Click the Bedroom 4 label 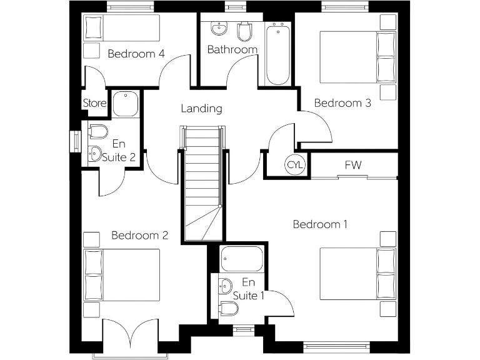136,54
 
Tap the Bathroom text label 232,49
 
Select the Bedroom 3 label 342,103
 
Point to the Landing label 201,109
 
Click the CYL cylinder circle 294,165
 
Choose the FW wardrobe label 353,165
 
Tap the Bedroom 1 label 320,224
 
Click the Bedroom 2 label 139,236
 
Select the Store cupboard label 94,104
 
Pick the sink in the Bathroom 219,29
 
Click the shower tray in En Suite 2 125,104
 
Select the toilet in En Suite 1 227,309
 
